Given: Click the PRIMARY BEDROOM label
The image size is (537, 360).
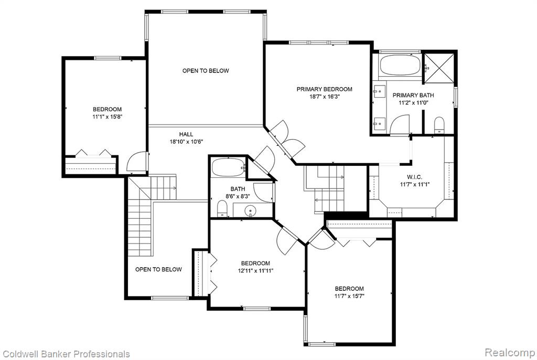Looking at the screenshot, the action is [324, 89].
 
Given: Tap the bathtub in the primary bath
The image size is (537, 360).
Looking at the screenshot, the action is [400, 65].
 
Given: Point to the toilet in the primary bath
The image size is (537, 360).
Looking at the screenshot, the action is [439, 125].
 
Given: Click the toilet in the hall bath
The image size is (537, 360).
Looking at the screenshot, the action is [222, 208].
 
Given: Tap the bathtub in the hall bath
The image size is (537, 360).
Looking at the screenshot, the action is [228, 167].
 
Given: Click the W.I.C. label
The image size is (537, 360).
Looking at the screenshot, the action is [414, 177].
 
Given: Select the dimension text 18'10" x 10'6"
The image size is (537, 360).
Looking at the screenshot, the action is [186, 142].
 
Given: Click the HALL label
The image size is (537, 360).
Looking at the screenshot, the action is [186, 134].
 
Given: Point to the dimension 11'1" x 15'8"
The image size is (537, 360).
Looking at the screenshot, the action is [107, 117].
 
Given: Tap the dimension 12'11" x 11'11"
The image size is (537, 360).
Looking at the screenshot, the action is [255, 270].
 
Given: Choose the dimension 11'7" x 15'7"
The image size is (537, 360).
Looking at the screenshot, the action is [349, 296].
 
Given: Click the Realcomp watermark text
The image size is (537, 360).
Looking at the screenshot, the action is [510, 352].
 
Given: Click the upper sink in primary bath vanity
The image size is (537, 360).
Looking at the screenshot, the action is [379, 91].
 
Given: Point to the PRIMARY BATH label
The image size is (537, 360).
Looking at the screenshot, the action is [413, 96].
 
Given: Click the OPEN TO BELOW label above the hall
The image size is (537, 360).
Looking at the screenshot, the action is [206, 71].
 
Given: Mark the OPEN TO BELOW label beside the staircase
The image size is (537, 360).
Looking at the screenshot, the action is [158, 270].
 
